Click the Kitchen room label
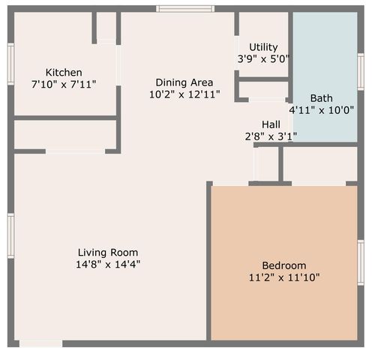[64, 72]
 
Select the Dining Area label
[184, 82]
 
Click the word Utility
[263, 46]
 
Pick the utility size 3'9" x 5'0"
[263, 58]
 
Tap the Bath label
[321, 97]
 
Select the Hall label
[271, 124]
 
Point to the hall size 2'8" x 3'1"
[271, 136]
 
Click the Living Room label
[108, 252]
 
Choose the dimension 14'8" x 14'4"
[108, 264]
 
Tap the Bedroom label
[283, 265]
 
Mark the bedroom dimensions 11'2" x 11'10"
[283, 277]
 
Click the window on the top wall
[184, 9]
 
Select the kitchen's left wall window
[10, 64]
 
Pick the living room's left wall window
[10, 235]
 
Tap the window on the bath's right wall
[361, 72]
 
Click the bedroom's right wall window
[361, 262]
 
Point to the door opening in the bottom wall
[40, 343]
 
